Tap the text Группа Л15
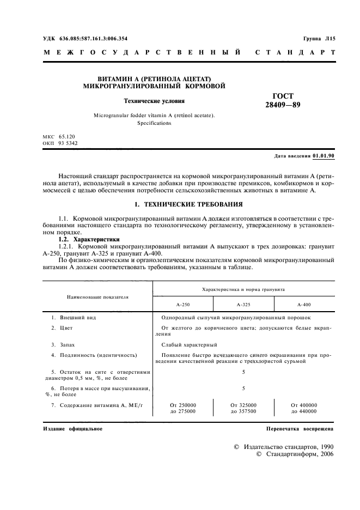point(319,39)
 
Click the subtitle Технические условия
point(154,101)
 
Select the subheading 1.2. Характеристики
point(89,239)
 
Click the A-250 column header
point(182,305)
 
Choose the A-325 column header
point(243,305)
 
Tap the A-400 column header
point(303,305)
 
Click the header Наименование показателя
point(97,297)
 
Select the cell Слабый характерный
point(189,344)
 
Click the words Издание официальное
point(72,429)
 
